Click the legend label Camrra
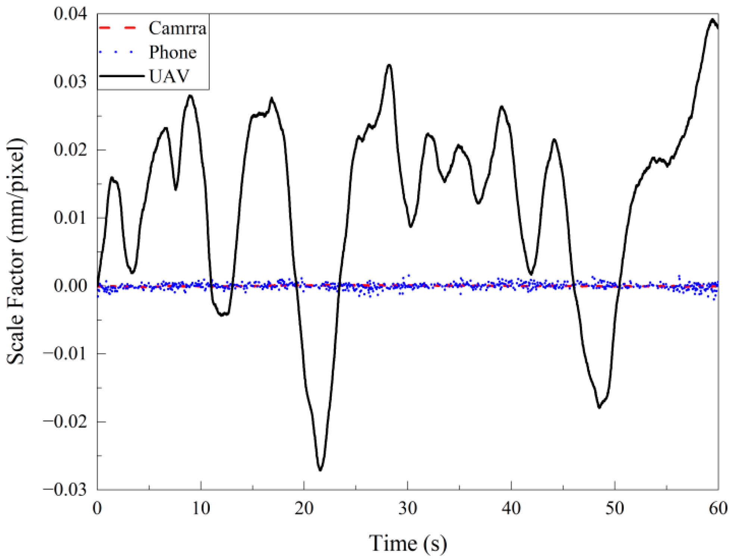tap(177, 28)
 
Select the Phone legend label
tap(173, 52)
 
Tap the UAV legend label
tap(169, 76)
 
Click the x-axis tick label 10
tap(201, 508)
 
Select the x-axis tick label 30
tap(408, 508)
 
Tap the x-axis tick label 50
tap(615, 508)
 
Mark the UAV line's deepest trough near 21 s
tap(320, 470)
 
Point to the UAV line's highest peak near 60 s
tap(713, 19)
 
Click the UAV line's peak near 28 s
tap(389, 65)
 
